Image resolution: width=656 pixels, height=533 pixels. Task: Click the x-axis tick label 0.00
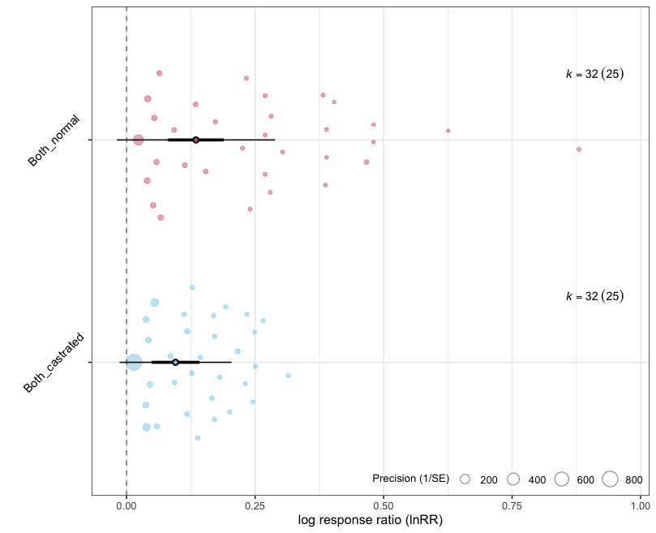(x=126, y=504)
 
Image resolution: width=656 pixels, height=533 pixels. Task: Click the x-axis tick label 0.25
(x=255, y=504)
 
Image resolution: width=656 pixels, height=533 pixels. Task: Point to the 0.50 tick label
(x=384, y=504)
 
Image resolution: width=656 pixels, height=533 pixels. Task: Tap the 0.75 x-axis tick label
(x=512, y=504)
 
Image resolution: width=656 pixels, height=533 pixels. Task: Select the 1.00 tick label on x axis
(x=640, y=504)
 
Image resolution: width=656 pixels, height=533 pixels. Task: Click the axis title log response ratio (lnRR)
(x=371, y=519)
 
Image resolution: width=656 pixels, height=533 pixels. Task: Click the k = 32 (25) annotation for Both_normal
(x=594, y=74)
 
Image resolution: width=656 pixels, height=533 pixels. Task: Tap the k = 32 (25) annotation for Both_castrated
(x=594, y=296)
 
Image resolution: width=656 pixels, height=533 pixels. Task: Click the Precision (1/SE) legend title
(x=410, y=479)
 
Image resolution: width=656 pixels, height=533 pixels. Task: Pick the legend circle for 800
(x=611, y=479)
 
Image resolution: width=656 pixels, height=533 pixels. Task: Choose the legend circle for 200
(x=465, y=479)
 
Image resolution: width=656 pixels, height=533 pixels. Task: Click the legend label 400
(x=537, y=480)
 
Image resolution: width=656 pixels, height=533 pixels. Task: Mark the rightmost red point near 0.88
(x=579, y=149)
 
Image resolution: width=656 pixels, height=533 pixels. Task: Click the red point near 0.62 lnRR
(x=448, y=131)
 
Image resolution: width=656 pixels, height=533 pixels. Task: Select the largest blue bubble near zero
(x=134, y=363)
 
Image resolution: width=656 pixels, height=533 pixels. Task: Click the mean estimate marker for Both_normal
(x=196, y=140)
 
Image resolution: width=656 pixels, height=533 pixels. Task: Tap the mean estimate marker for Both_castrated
(x=176, y=362)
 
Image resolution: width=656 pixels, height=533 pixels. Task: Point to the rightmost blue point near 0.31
(x=288, y=376)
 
